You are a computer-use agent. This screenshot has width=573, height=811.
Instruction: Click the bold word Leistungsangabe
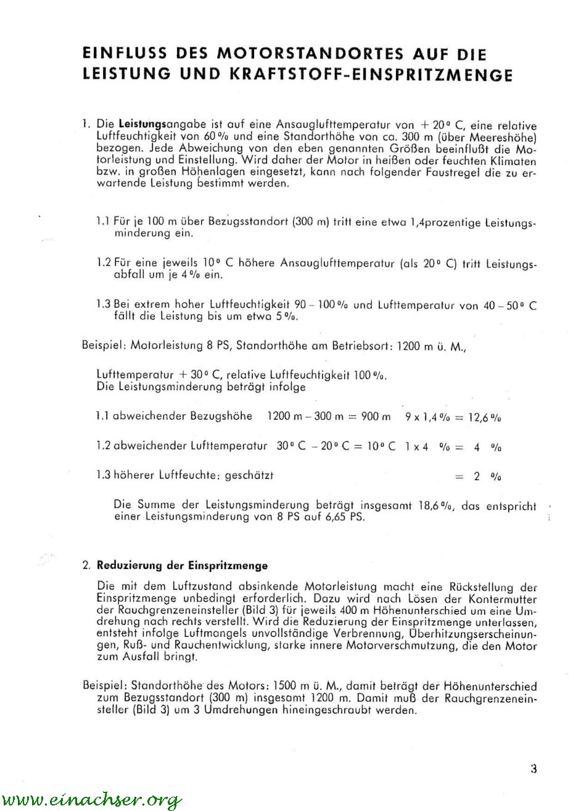point(154,123)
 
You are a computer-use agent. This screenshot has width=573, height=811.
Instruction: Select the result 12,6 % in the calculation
point(485,417)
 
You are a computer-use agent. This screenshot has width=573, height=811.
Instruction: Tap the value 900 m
point(376,417)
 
